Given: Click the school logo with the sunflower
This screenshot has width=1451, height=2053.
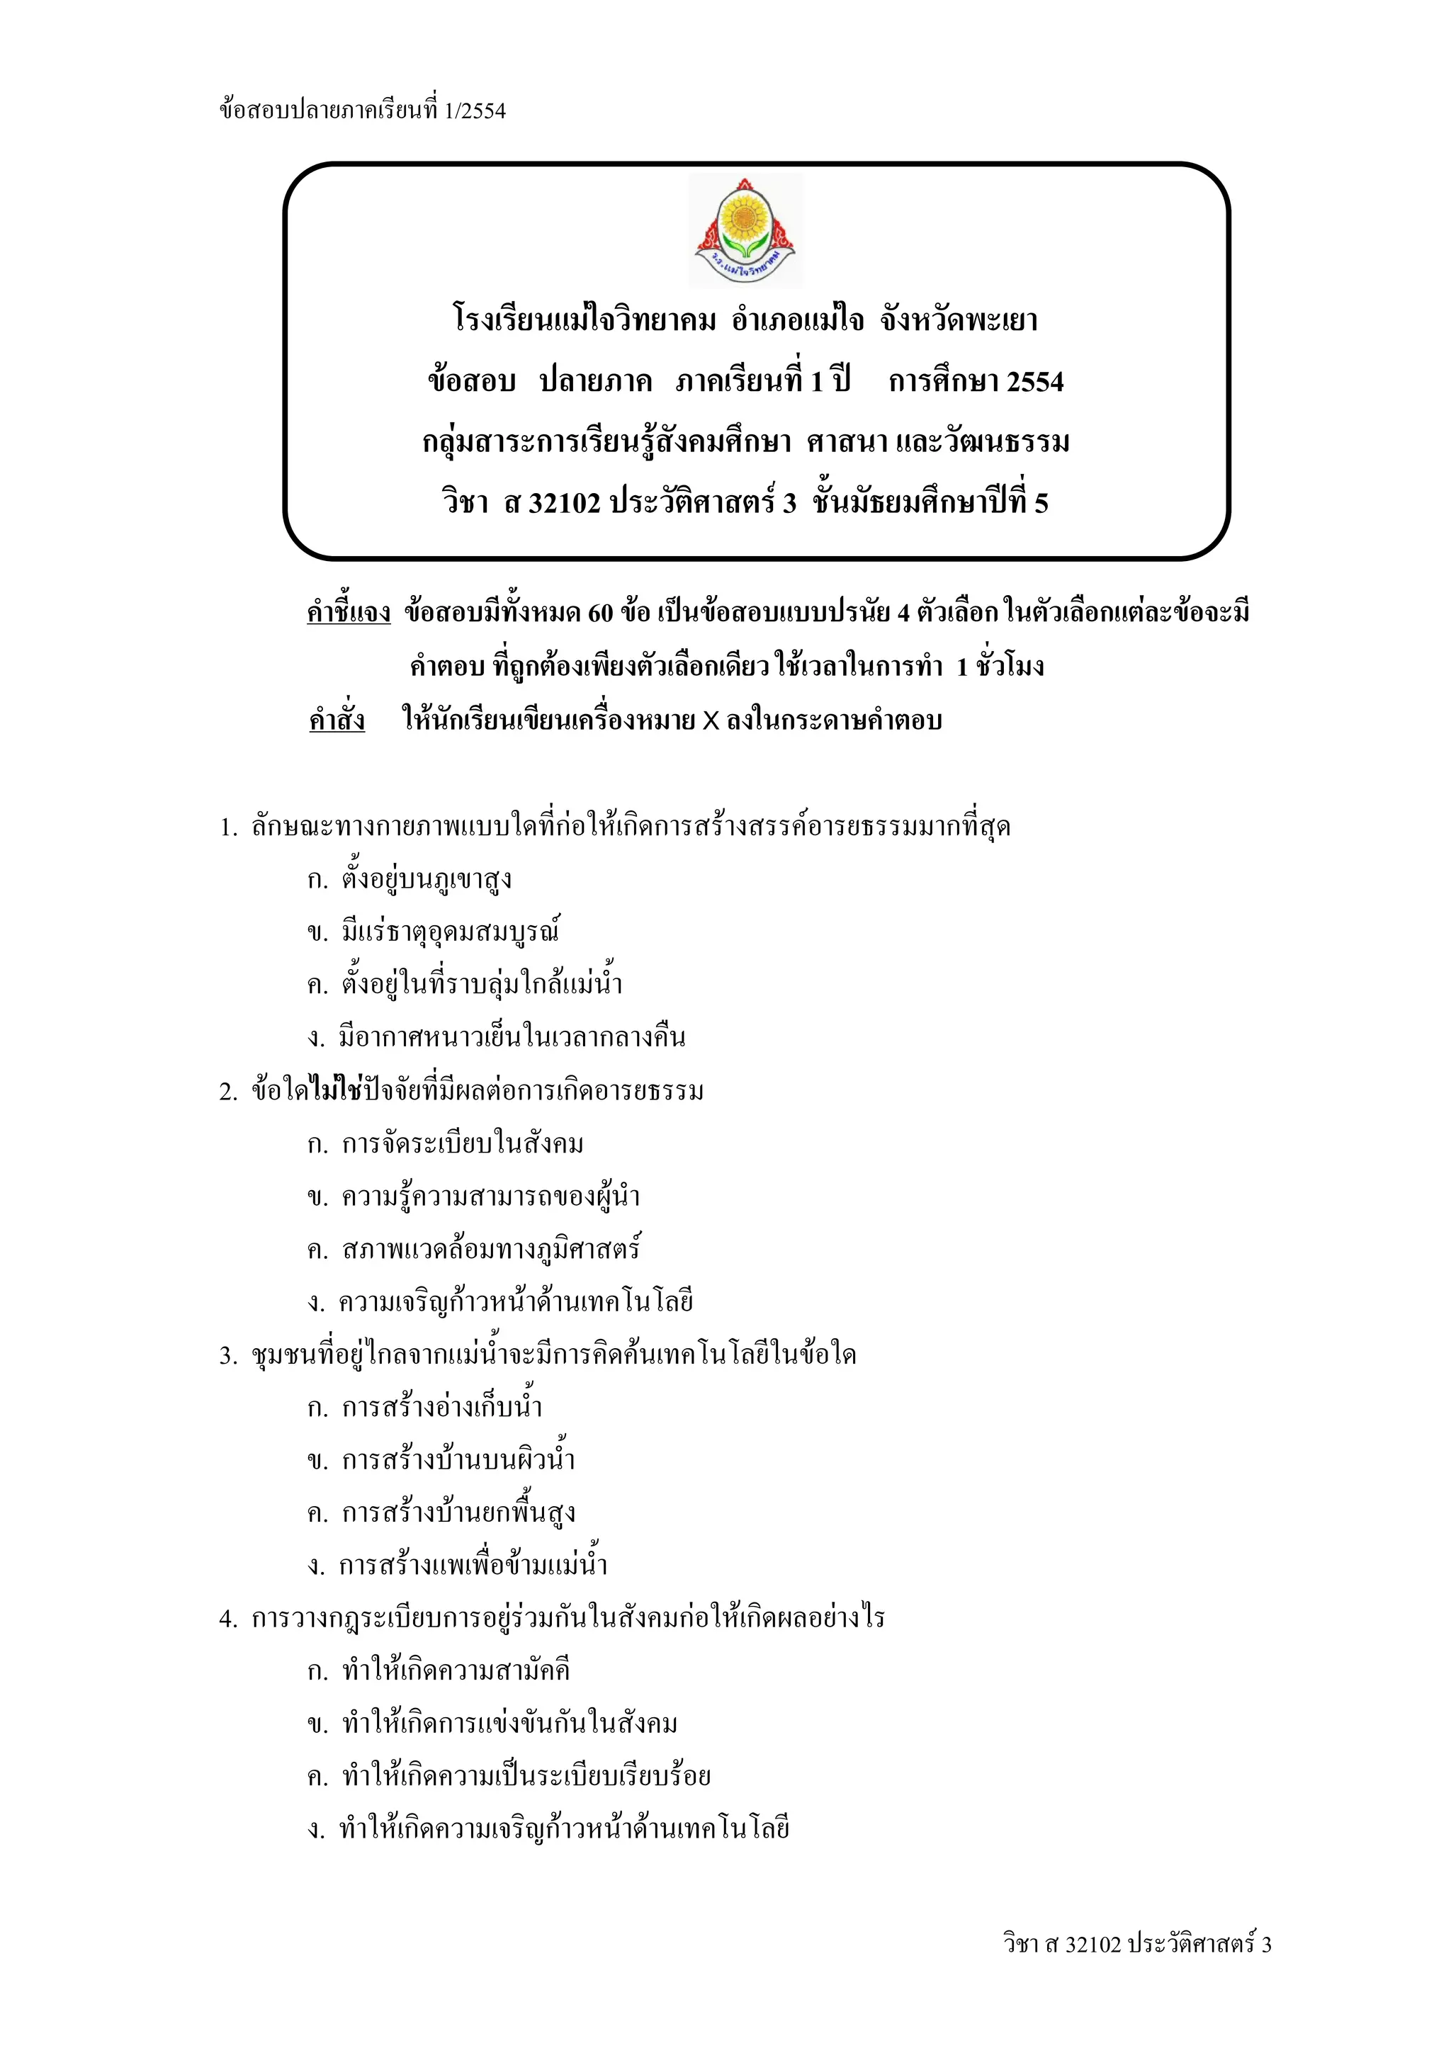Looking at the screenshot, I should point(745,232).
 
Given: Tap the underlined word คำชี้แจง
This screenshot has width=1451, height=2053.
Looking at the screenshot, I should point(348,613).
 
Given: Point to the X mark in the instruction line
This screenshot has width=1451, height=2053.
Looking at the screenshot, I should point(710,720).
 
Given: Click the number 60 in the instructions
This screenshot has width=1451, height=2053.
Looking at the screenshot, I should point(601,613).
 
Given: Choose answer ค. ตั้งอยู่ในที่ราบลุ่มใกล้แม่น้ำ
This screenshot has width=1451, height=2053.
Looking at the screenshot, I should point(464,985).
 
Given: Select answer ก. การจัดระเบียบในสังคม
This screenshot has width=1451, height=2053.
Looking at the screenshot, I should point(444,1143).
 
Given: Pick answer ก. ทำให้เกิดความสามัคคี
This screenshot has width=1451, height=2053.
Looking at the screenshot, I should point(438,1670).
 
